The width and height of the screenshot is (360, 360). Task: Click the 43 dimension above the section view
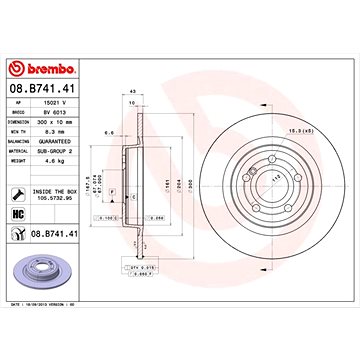pos(133,94)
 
